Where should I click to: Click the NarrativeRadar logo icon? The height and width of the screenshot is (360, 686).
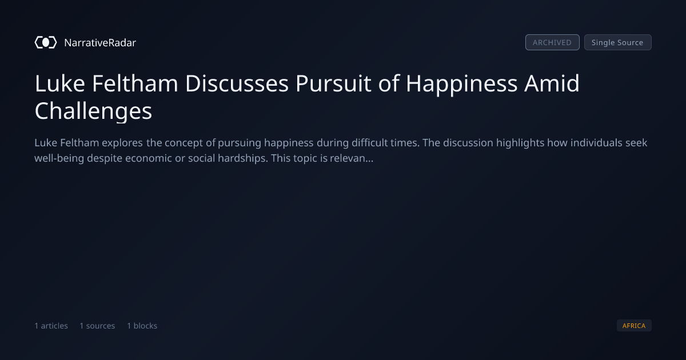[46, 42]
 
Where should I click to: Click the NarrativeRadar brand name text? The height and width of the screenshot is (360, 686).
[100, 43]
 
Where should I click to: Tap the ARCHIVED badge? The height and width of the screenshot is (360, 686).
[552, 42]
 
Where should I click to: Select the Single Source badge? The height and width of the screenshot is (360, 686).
[618, 42]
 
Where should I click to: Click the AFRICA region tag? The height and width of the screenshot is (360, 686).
[634, 325]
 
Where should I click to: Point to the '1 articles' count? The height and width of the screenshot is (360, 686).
[51, 326]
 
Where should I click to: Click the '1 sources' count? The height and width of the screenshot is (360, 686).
[97, 326]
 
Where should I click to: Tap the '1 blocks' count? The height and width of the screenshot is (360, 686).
[142, 326]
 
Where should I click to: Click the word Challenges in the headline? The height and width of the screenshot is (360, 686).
[93, 111]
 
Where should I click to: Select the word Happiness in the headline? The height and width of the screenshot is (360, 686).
[461, 84]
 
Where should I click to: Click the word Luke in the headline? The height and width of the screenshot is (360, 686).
[59, 83]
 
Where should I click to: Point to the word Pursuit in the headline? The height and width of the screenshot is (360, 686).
[333, 83]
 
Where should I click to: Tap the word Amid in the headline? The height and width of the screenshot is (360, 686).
[552, 83]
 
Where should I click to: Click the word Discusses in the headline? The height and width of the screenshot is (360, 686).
[237, 83]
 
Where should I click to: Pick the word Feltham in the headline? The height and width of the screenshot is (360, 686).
[135, 83]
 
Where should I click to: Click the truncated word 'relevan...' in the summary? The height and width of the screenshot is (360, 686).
[352, 158]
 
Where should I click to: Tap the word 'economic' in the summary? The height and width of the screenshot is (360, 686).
[149, 158]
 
